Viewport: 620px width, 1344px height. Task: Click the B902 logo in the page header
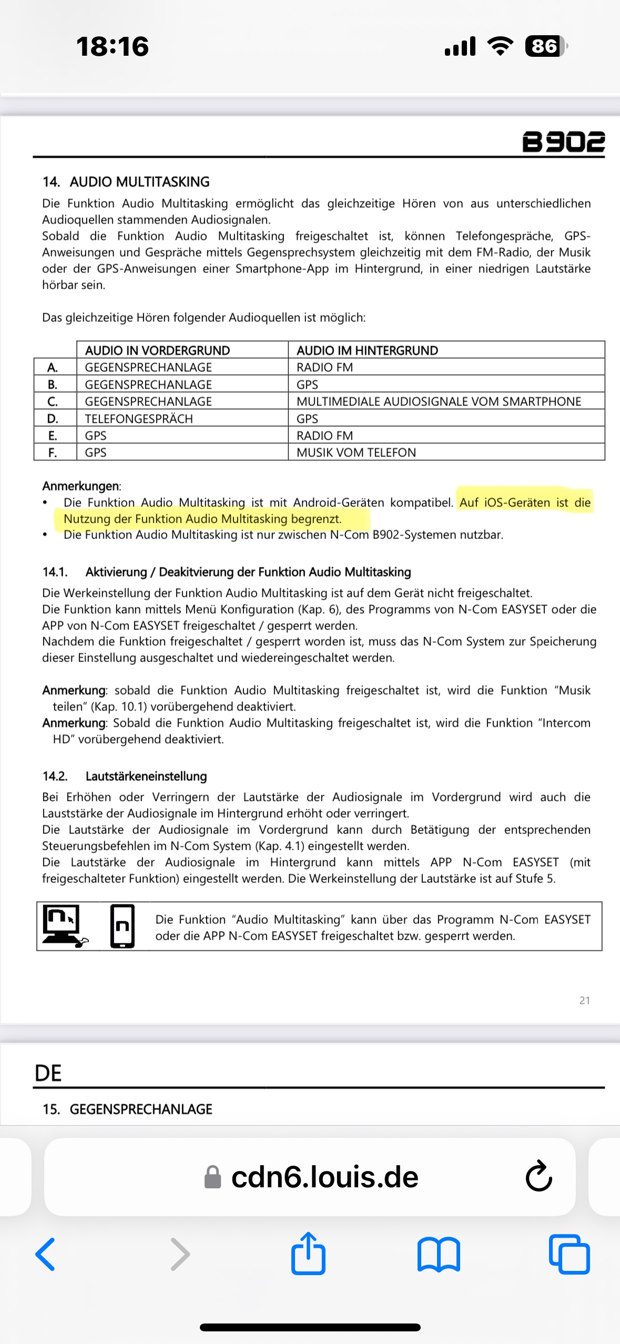tap(563, 142)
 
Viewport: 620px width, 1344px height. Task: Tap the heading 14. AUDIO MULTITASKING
tap(126, 182)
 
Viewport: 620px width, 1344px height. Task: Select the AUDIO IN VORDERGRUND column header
tap(157, 351)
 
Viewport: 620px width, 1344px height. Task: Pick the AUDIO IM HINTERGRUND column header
tap(367, 351)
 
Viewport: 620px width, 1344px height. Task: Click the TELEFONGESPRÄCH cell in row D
tap(139, 419)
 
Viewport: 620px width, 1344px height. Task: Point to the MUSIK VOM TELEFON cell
tap(356, 453)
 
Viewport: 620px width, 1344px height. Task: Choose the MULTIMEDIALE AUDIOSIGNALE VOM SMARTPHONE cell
tap(439, 402)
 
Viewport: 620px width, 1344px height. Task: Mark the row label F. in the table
tap(53, 453)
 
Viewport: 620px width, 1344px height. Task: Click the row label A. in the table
tap(53, 368)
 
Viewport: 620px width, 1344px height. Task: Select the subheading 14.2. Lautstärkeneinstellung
tap(125, 776)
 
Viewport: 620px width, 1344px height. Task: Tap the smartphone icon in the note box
tap(122, 926)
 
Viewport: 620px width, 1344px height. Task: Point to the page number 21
tap(584, 1001)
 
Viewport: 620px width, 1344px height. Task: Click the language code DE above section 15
tap(48, 1073)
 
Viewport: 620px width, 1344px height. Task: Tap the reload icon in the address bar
tap(538, 1177)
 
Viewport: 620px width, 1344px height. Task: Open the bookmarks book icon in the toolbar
tap(439, 1255)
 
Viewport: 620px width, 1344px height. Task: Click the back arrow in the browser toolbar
tap(46, 1255)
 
